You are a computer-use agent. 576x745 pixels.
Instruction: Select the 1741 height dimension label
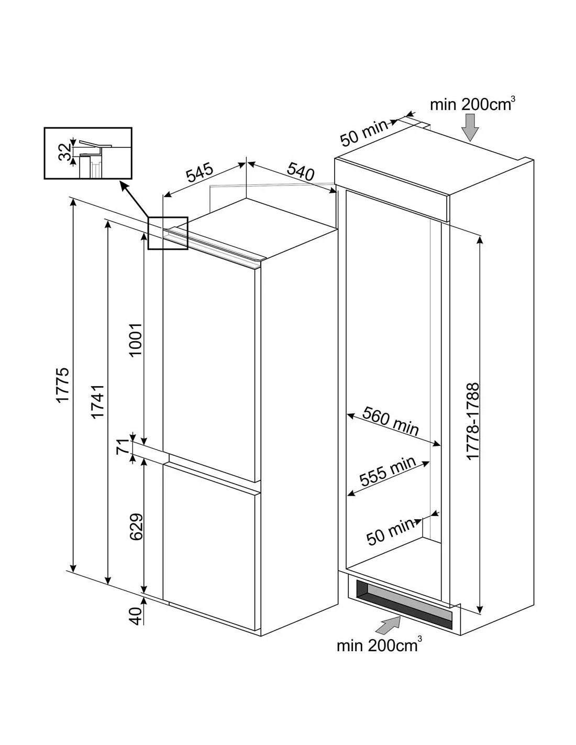point(98,401)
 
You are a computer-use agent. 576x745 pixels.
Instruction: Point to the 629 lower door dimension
point(136,527)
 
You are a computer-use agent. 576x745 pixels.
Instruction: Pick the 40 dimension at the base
point(136,615)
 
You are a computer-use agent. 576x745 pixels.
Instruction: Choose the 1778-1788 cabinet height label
point(473,422)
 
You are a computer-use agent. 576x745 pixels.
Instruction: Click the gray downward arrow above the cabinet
point(471,127)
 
